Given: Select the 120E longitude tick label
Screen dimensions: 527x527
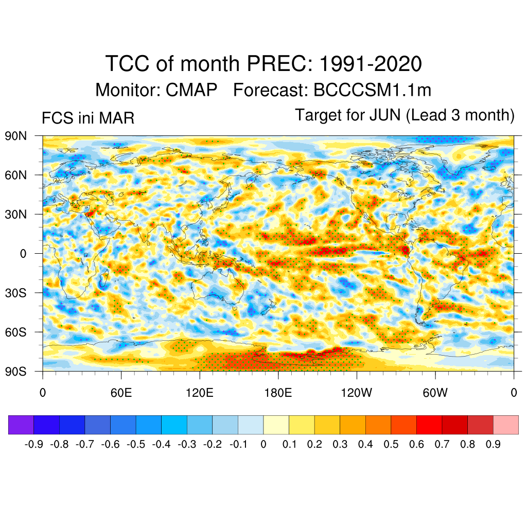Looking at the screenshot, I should coord(199,394).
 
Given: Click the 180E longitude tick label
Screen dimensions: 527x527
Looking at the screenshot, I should coord(278,394).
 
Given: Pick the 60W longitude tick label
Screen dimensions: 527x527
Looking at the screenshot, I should coord(435,394).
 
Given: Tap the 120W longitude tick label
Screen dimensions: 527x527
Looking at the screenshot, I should coord(356,394).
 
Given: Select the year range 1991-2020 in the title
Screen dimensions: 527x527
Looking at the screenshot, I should coord(371,64).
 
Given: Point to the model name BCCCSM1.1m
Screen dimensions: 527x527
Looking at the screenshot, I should coord(372,91).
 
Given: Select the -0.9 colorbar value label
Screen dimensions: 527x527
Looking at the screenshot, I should coord(34,445).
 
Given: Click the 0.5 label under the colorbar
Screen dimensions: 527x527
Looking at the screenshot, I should coord(391,445).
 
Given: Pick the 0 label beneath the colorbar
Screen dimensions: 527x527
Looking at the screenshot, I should coord(263,445).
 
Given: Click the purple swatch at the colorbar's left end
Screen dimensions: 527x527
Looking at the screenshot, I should coord(21,425).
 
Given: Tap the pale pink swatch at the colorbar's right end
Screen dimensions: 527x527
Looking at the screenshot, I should coord(505,425).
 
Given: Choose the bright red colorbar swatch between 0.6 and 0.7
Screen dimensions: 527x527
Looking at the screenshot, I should coord(429,425).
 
